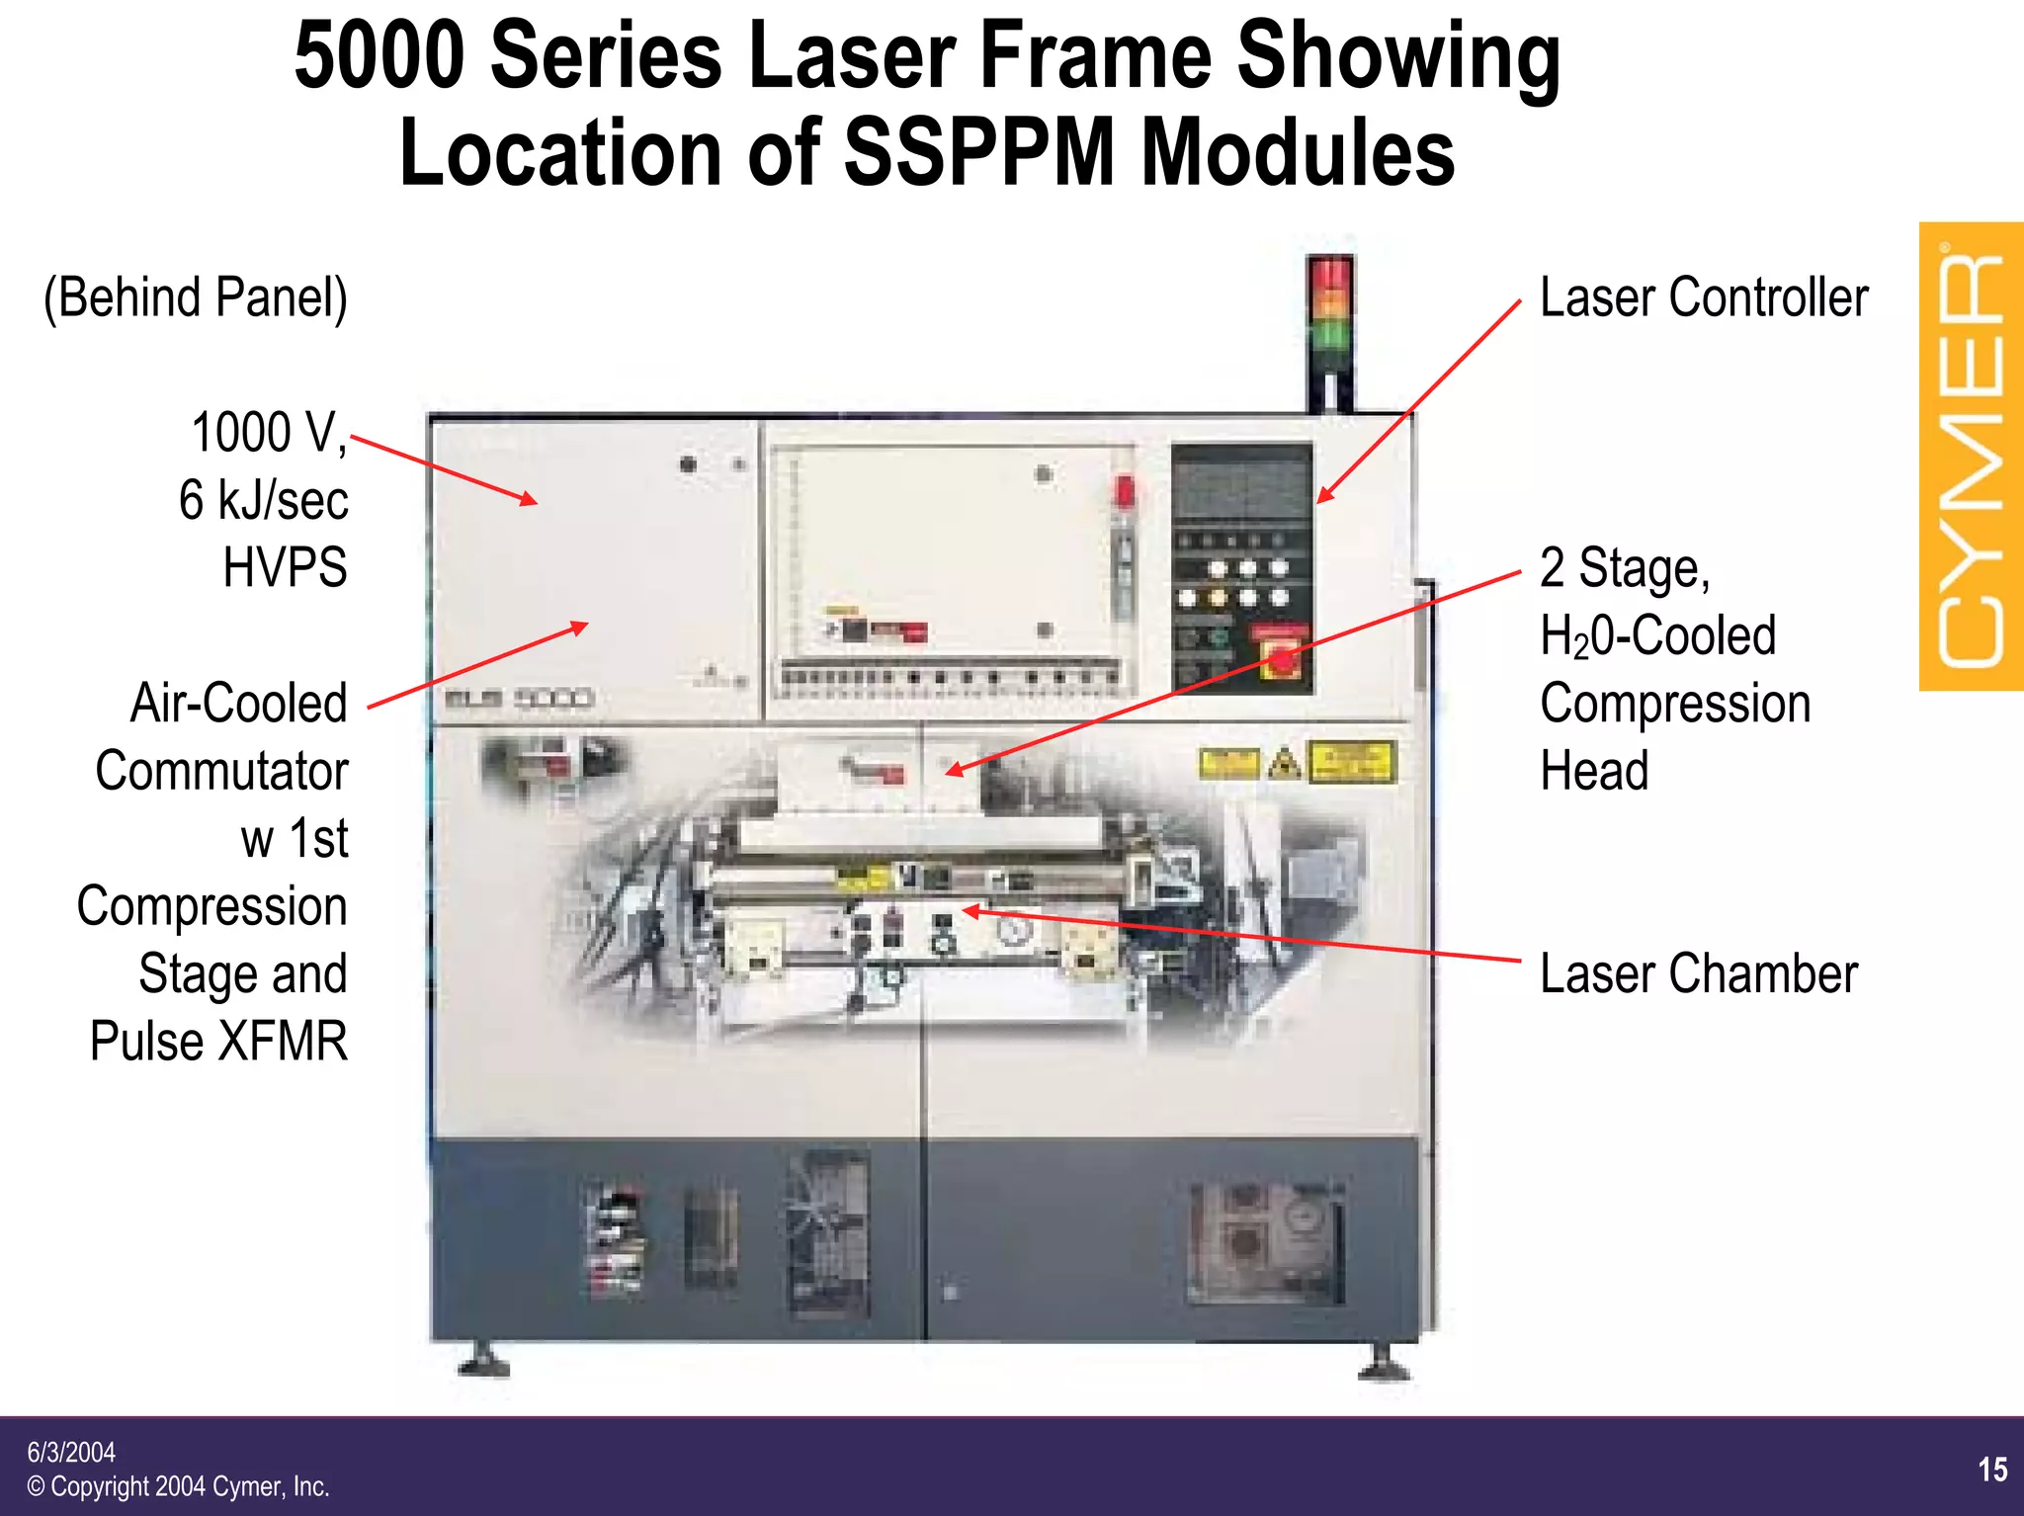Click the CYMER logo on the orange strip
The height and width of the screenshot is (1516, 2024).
click(1971, 457)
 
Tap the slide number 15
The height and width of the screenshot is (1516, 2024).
click(1992, 1470)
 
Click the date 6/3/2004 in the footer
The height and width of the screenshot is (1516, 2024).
click(71, 1452)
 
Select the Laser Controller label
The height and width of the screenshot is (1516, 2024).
click(1703, 297)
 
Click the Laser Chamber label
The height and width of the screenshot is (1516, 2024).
click(1698, 973)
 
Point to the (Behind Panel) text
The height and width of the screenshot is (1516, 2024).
click(196, 297)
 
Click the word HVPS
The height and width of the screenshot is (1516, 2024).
click(285, 567)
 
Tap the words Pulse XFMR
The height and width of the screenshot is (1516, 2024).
click(218, 1041)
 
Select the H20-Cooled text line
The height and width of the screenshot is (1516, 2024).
click(1657, 635)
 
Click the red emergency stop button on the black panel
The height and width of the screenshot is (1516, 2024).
click(1281, 660)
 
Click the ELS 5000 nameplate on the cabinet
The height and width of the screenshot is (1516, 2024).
click(518, 699)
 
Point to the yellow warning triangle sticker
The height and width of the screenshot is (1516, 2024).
click(1284, 764)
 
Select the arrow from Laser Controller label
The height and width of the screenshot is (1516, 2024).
click(1418, 401)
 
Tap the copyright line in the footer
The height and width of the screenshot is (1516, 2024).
click(178, 1486)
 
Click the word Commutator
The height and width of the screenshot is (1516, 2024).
click(221, 771)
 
